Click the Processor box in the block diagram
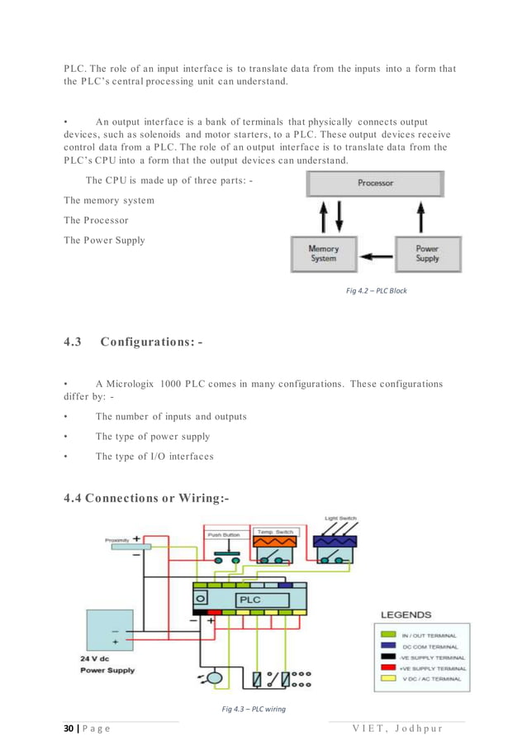pyautogui.click(x=375, y=183)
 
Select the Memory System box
pyautogui.click(x=323, y=253)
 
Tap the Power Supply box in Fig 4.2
pyautogui.click(x=426, y=253)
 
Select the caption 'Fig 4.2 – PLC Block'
pyautogui.click(x=376, y=291)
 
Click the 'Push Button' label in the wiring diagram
pyautogui.click(x=223, y=534)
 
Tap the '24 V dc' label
pyautogui.click(x=97, y=658)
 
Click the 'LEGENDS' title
pyautogui.click(x=406, y=614)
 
